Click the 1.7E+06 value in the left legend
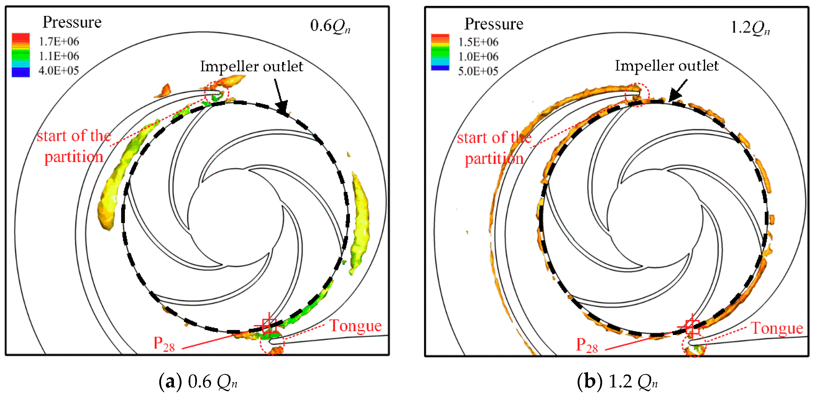tap(59, 41)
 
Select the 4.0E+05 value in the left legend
tap(59, 70)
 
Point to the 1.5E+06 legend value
tap(478, 42)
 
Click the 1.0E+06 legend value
tap(478, 56)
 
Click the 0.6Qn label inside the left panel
tap(330, 26)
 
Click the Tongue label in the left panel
tap(356, 326)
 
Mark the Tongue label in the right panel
tap(777, 328)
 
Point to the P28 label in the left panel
tap(164, 344)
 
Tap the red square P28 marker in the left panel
tap(269, 326)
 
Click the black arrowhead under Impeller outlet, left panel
tap(282, 107)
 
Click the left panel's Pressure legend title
tap(72, 22)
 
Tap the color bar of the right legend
tap(440, 52)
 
